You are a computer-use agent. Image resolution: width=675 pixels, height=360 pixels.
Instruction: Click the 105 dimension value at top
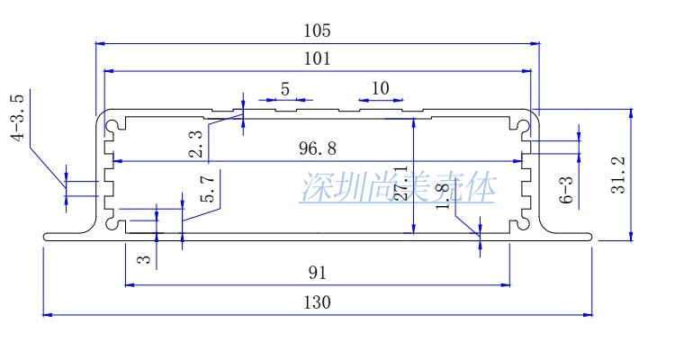click(317, 30)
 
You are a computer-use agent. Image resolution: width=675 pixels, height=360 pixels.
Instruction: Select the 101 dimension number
click(317, 59)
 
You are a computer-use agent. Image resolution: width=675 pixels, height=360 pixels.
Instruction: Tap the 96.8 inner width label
click(319, 148)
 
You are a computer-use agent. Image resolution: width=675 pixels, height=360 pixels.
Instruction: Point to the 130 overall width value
click(317, 302)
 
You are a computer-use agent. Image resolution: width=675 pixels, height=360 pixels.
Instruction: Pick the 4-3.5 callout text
click(16, 117)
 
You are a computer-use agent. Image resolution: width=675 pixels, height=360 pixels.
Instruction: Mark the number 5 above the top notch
click(285, 88)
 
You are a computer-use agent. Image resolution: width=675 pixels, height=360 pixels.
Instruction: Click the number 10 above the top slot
click(380, 88)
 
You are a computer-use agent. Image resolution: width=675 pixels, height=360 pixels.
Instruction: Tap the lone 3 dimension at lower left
click(142, 259)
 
